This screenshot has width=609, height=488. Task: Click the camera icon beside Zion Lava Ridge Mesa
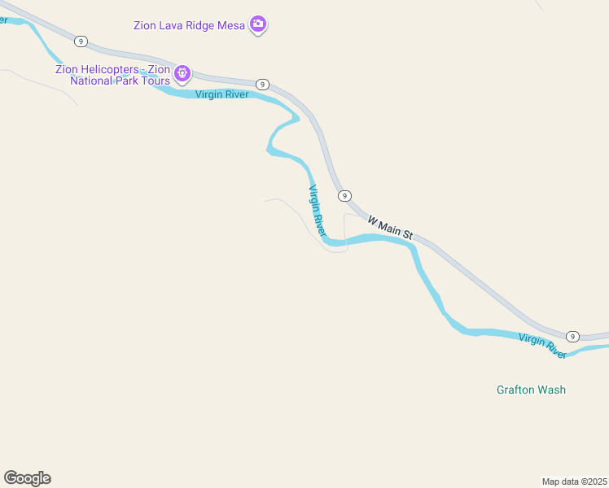coord(258,24)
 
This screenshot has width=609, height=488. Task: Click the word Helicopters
coord(108,69)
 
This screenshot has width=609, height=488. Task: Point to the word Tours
coord(156,81)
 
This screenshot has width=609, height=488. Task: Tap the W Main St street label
coord(390,227)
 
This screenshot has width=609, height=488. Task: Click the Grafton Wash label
coord(531,390)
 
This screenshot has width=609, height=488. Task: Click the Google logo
coord(27,477)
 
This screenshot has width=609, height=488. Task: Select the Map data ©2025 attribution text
coord(575,481)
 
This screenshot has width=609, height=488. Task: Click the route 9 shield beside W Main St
coord(345,195)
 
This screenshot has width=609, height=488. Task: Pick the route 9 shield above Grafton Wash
coord(572,337)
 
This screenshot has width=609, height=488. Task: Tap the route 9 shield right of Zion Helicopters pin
coord(262,85)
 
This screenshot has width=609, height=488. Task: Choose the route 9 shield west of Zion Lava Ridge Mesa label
coord(80,41)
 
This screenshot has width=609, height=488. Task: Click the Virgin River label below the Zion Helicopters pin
coord(221,94)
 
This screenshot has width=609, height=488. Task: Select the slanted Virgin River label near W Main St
coord(317,210)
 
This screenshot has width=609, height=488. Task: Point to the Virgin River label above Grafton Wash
coord(542,346)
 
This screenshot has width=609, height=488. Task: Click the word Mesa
coord(229,25)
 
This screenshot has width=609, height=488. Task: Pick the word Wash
coord(550,390)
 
